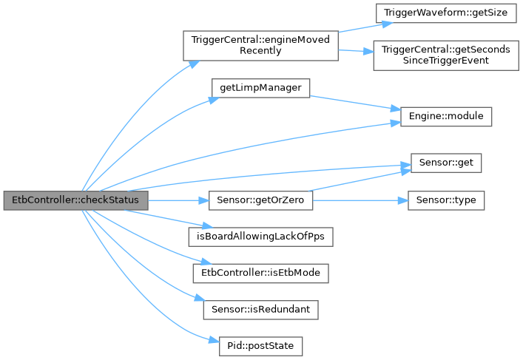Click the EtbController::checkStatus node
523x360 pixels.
(75, 200)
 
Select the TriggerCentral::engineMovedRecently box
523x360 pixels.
(260, 46)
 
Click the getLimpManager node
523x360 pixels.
(260, 87)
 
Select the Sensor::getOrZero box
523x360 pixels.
(260, 200)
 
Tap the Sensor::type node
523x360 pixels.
(445, 200)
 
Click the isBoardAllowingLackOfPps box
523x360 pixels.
(260, 237)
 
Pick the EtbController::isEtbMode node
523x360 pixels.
(260, 273)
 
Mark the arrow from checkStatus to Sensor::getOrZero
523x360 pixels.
(178, 200)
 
